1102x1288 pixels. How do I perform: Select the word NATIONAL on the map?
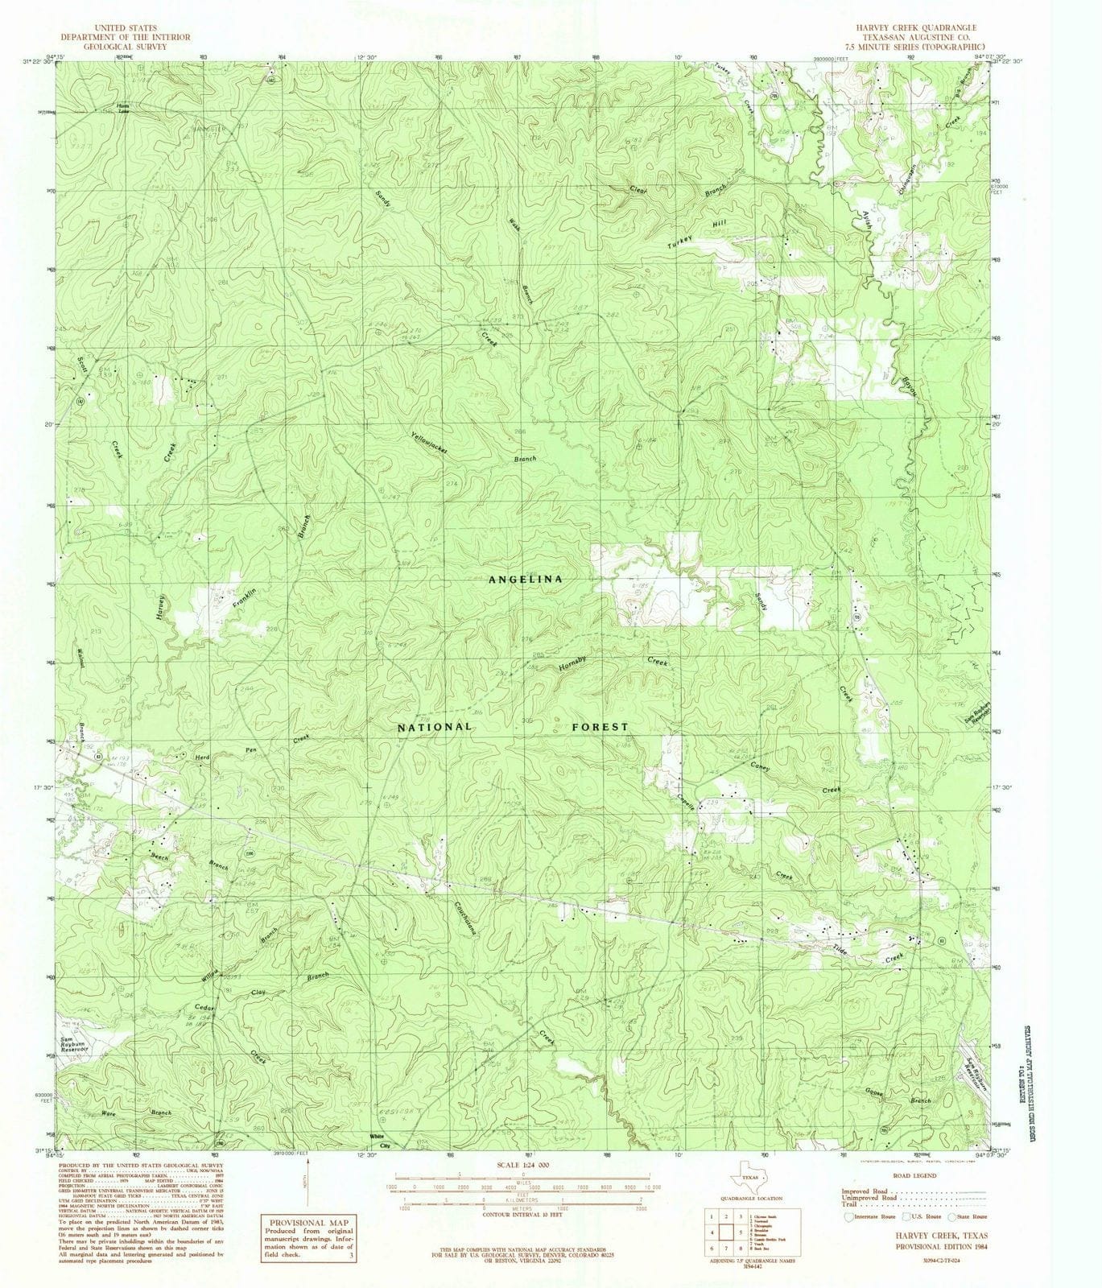point(435,726)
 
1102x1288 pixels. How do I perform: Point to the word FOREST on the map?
point(600,726)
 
